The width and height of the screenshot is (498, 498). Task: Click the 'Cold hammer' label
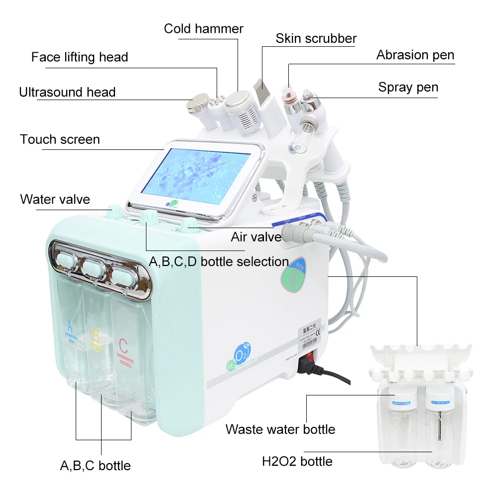[x=204, y=29]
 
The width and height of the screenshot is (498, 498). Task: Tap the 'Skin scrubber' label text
[x=316, y=38]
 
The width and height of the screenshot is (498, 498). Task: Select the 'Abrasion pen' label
[x=415, y=55]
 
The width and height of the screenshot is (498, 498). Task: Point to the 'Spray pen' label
[x=408, y=87]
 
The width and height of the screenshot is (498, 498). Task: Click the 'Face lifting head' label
[x=80, y=57]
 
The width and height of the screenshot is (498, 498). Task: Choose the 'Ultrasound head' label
[x=67, y=92]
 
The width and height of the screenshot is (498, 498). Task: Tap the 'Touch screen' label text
[x=60, y=139]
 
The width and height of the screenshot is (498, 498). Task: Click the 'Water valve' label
[x=55, y=200]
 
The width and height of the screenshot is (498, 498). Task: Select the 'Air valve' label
[x=256, y=237]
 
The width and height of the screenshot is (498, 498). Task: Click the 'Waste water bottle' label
[x=280, y=429]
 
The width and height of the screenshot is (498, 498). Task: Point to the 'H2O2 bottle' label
[x=297, y=461]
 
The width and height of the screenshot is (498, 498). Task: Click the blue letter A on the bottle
[x=70, y=328]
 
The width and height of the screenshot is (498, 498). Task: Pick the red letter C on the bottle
[x=123, y=346]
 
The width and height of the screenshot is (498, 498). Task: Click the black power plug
[x=305, y=368]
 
